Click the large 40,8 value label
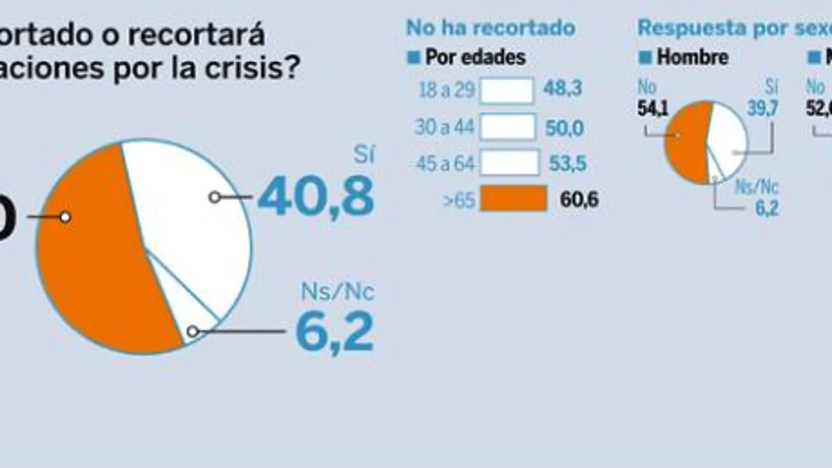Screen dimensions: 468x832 316,197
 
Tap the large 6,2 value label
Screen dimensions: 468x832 335,332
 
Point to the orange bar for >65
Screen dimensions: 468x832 514,198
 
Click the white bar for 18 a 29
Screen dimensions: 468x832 507,91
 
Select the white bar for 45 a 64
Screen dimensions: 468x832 509,162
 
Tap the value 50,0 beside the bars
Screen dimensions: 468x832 564,128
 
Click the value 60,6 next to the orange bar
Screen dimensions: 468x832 578,200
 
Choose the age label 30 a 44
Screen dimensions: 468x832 444,127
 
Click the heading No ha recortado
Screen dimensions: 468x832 490,28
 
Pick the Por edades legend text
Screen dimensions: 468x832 475,57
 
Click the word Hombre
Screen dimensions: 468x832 692,57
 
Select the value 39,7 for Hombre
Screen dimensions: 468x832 762,108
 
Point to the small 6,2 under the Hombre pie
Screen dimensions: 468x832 767,208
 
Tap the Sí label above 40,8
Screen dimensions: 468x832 364,154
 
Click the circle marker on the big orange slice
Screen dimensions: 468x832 65,217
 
